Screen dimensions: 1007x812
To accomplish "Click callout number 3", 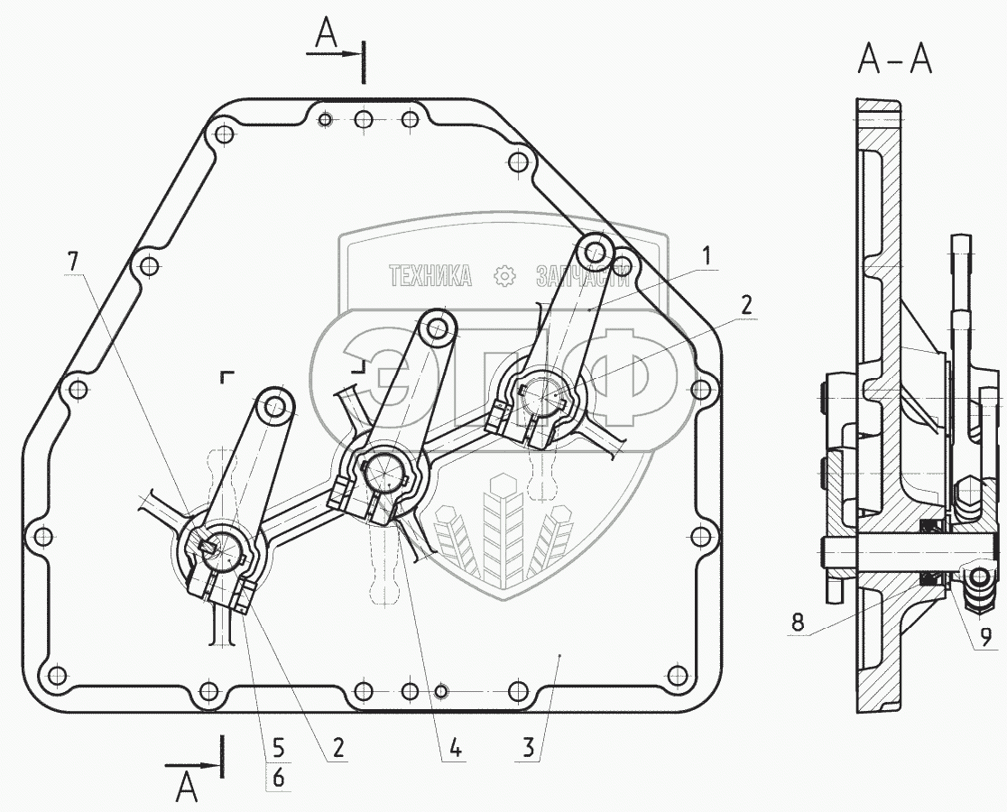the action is point(528,748).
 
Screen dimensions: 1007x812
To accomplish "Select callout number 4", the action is point(455,748).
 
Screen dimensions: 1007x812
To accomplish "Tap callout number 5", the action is point(278,748).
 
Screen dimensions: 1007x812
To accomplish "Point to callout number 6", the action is point(278,778).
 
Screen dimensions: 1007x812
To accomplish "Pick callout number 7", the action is point(73,262).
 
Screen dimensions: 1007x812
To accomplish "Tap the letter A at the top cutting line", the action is point(326,35).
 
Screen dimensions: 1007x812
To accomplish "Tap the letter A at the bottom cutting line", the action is point(186,787).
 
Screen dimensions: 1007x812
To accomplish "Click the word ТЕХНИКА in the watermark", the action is point(430,276).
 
